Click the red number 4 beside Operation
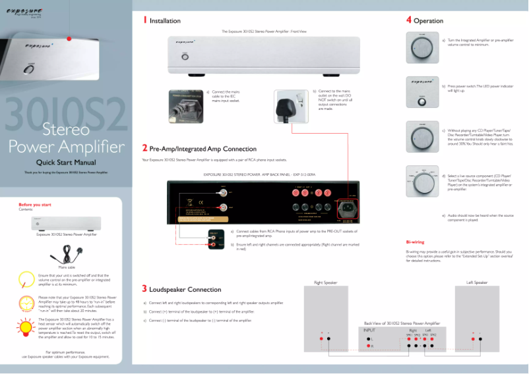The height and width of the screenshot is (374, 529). pyautogui.click(x=409, y=20)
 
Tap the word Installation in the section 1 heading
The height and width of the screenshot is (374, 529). pyautogui.click(x=165, y=21)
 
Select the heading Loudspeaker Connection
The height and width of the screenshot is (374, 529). pyautogui.click(x=185, y=289)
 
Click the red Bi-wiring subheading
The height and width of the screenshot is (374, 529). pyautogui.click(x=415, y=242)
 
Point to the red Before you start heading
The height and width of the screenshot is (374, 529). pyautogui.click(x=35, y=205)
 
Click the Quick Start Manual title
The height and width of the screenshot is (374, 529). pyautogui.click(x=66, y=163)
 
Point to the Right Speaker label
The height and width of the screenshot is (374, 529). pyautogui.click(x=325, y=282)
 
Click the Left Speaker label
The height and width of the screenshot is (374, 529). pyautogui.click(x=477, y=282)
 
